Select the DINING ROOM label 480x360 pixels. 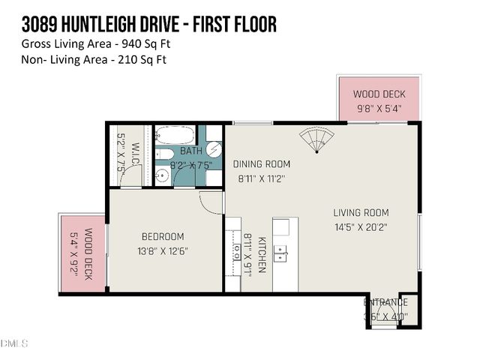click(261, 164)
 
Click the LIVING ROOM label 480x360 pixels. click(361, 212)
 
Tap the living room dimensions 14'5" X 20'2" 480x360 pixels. click(361, 226)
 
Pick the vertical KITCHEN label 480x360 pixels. click(262, 255)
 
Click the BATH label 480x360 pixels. click(191, 151)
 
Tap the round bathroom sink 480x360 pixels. click(162, 177)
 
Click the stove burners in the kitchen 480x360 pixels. click(232, 255)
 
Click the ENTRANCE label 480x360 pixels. click(385, 302)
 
